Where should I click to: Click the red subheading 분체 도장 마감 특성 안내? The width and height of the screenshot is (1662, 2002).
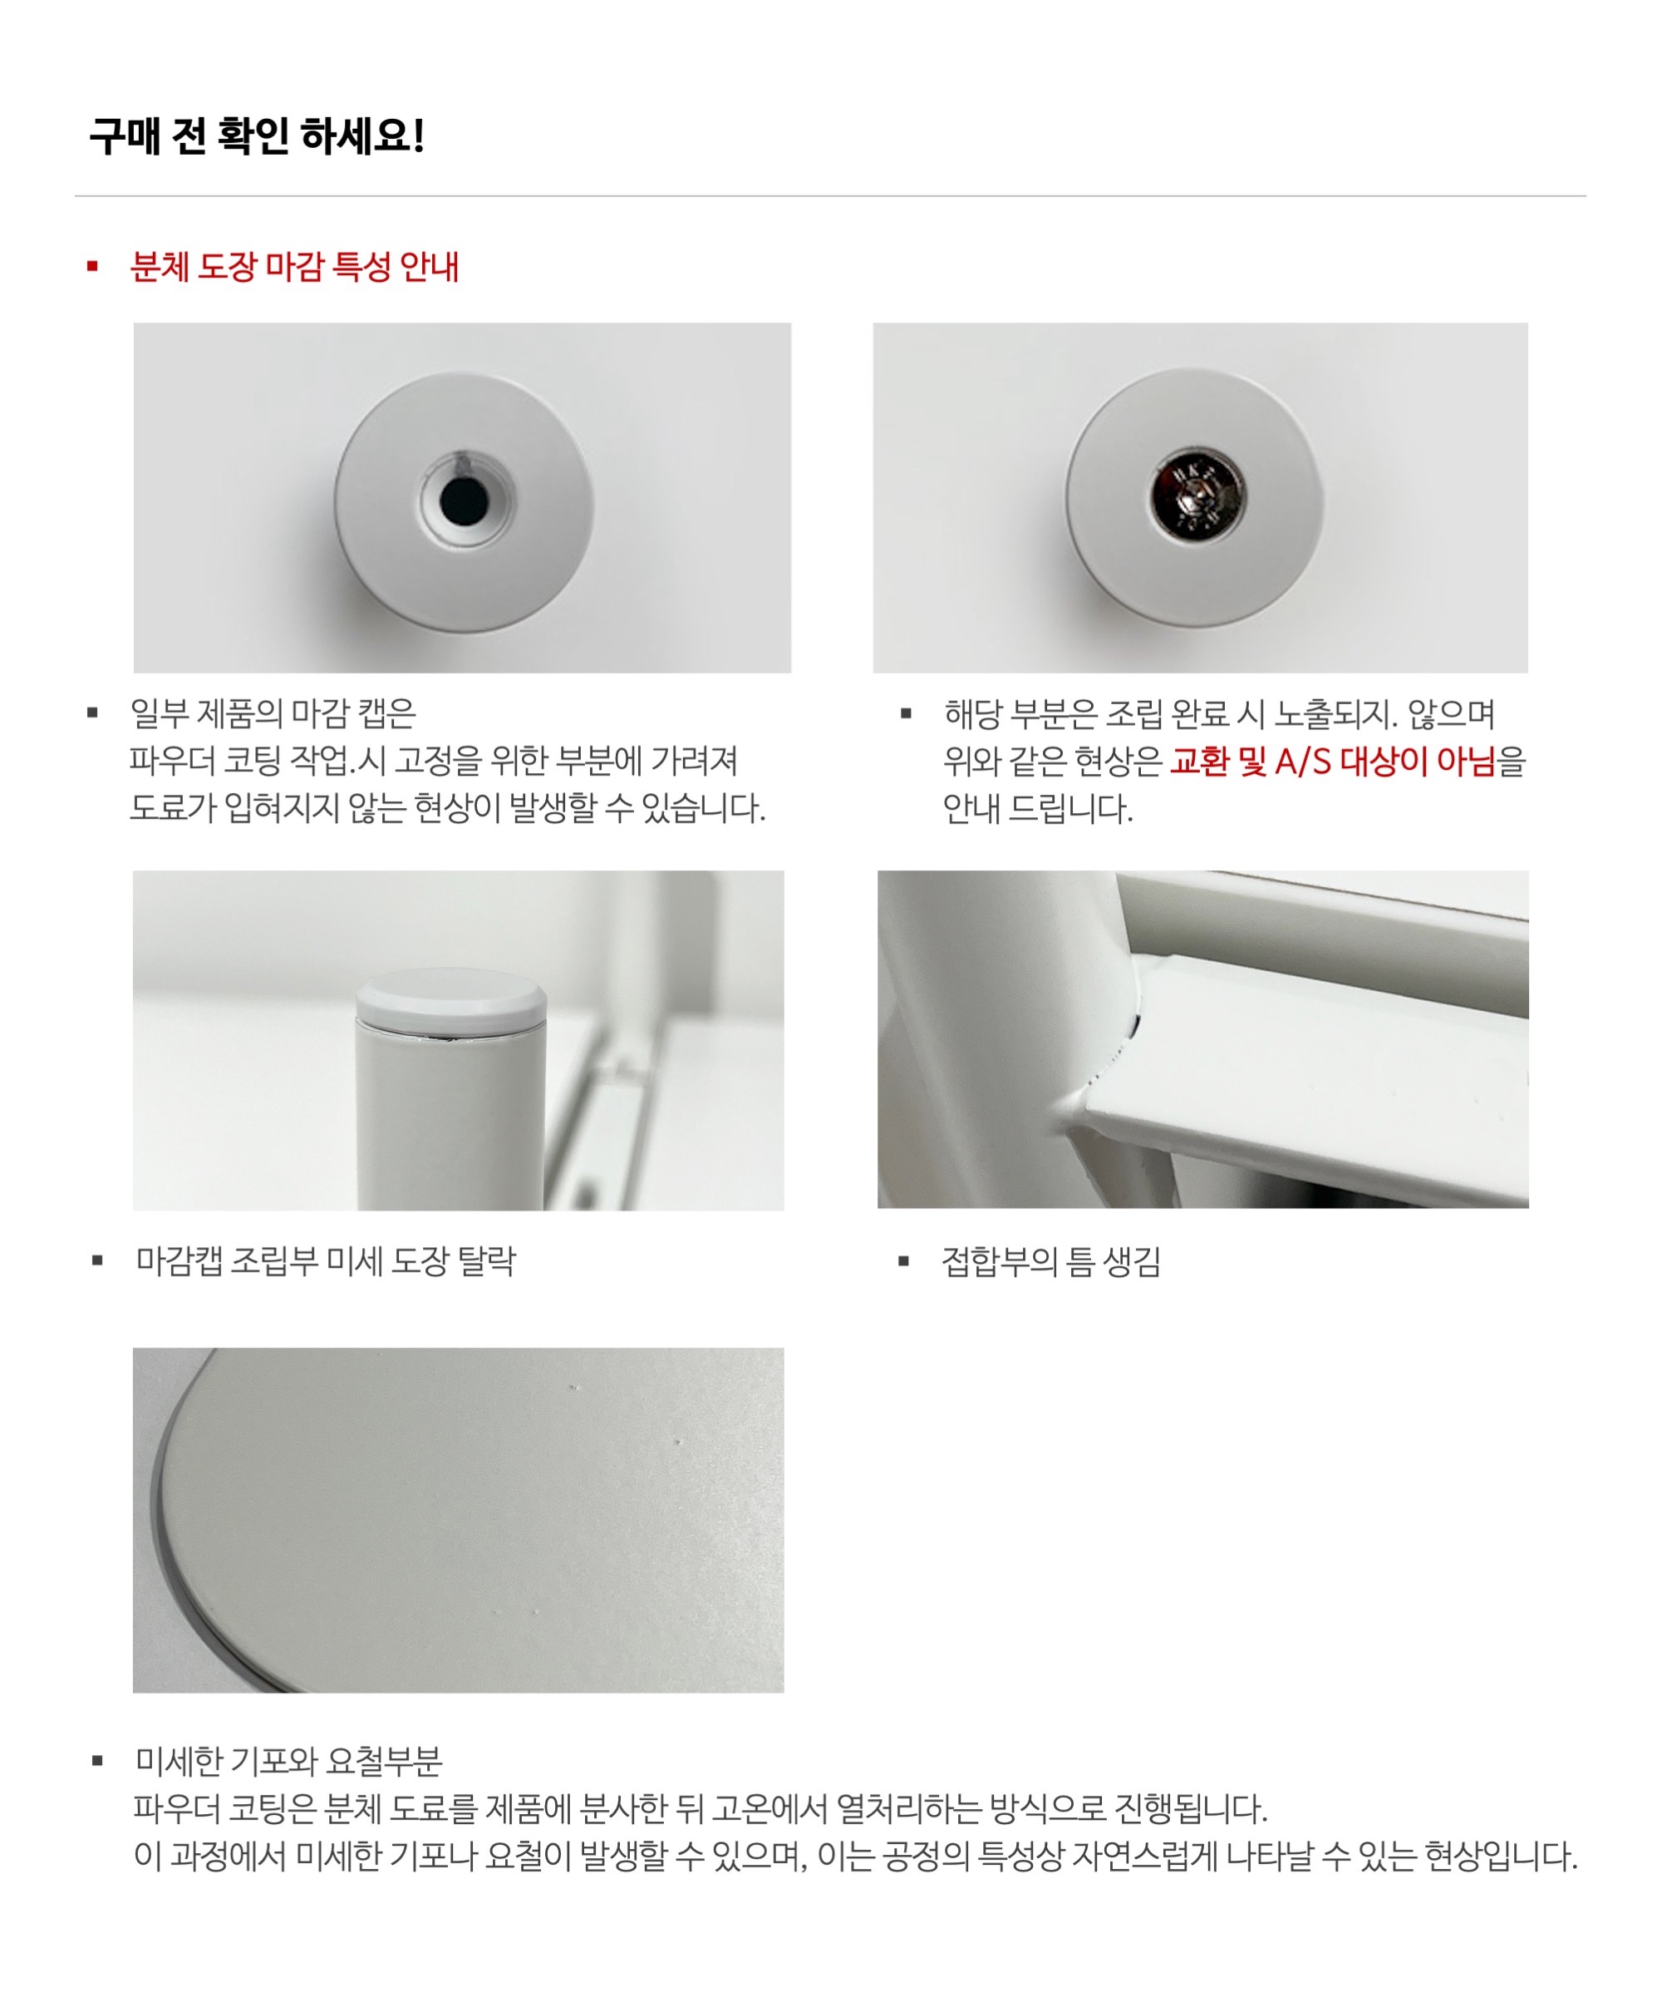(294, 267)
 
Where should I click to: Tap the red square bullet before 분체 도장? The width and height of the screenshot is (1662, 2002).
(92, 266)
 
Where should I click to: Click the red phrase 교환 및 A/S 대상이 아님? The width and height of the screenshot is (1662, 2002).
(1332, 761)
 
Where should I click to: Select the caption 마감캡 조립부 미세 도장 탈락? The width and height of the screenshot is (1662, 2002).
(326, 1261)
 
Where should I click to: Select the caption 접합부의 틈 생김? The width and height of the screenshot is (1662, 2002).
(1051, 1261)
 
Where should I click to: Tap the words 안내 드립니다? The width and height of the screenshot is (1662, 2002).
(1038, 808)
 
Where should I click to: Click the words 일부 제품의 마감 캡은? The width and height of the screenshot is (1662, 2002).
(273, 713)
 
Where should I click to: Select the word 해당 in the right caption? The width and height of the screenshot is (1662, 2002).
(972, 713)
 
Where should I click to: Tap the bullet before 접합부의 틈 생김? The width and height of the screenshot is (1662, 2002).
(904, 1261)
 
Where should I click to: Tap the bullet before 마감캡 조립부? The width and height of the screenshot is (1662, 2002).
(97, 1261)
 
